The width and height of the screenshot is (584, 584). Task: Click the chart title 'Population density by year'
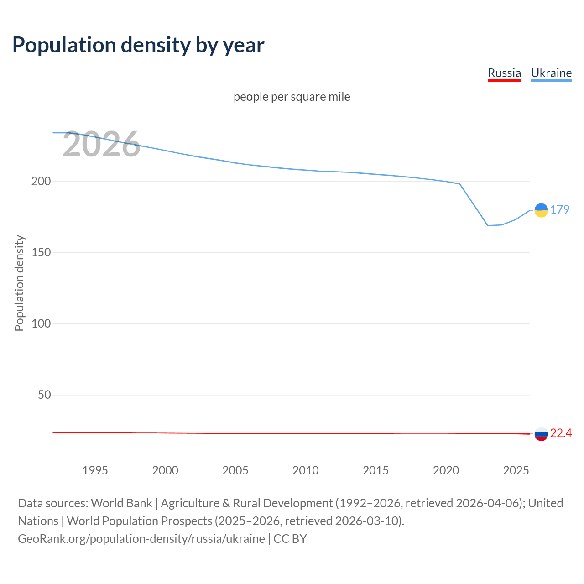pos(138,45)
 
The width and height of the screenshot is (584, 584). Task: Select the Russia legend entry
pos(504,73)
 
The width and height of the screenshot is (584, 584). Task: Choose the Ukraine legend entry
pos(551,73)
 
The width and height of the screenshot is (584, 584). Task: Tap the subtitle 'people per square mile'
pos(292,97)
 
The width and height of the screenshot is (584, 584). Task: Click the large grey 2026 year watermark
pos(101,145)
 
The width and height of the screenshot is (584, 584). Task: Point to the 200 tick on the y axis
pos(41,181)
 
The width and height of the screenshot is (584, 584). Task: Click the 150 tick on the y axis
pos(41,252)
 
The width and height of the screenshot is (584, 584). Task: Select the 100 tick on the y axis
pos(41,323)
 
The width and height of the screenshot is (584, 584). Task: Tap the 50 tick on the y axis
pos(44,395)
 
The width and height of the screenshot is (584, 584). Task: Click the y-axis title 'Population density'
pos(19,283)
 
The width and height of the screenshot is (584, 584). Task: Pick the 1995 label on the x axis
pos(95,470)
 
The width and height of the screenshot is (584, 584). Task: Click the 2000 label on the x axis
pos(165,470)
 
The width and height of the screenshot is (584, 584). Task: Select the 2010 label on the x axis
pos(305,470)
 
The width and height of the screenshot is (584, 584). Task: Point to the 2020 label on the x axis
pos(446,470)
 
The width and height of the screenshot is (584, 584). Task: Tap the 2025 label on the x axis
pos(516,470)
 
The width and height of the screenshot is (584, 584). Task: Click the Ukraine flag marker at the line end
pos(541,210)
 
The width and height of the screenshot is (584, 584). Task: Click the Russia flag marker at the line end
pos(541,434)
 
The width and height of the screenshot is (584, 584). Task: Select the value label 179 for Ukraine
pos(560,209)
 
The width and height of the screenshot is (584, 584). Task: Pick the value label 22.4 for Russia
pos(561,433)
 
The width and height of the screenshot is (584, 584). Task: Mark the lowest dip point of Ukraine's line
pos(488,225)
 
